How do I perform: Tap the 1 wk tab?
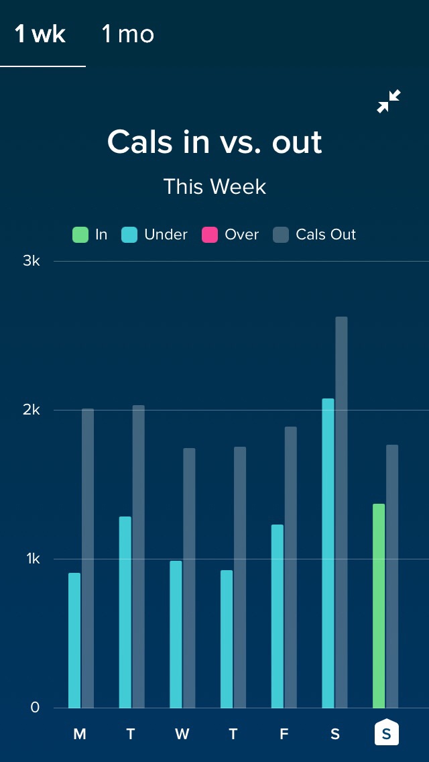click(41, 34)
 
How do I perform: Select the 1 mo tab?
click(127, 34)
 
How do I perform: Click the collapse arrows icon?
click(389, 101)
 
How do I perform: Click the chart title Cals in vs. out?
click(214, 142)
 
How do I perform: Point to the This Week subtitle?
click(214, 186)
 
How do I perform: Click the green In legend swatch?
click(80, 235)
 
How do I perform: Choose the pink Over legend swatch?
click(210, 235)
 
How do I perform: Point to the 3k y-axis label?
click(32, 261)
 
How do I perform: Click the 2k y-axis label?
click(32, 410)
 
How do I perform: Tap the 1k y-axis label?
click(32, 559)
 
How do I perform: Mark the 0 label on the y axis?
click(35, 708)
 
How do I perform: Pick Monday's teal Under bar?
click(74, 641)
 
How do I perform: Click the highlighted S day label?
click(386, 732)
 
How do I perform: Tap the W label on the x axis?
click(182, 734)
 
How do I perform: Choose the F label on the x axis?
click(284, 734)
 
